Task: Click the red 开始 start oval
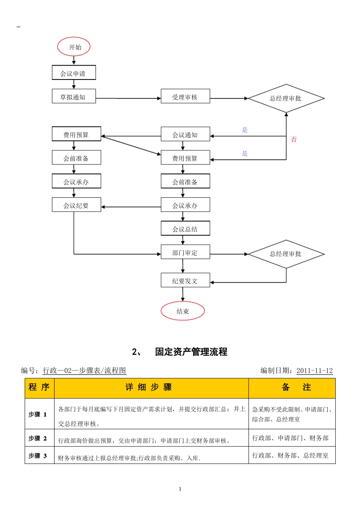tap(74, 47)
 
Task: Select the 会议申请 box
tap(74, 73)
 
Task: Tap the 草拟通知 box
tap(74, 96)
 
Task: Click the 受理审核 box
tap(185, 96)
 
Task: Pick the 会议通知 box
tap(185, 134)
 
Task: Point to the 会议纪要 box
tap(76, 205)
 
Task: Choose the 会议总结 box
tap(185, 228)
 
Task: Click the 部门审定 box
tap(185, 252)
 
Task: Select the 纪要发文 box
tap(185, 280)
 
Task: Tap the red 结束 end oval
tap(183, 311)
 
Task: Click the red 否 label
tap(294, 139)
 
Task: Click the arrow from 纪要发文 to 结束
tap(183, 294)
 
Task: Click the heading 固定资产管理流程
tap(191, 352)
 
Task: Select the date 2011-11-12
tap(315, 370)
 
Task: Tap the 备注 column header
tap(296, 387)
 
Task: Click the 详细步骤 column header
tap(149, 387)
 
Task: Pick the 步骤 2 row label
tap(38, 438)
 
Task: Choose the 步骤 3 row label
tap(38, 456)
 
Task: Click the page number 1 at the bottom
tap(180, 489)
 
